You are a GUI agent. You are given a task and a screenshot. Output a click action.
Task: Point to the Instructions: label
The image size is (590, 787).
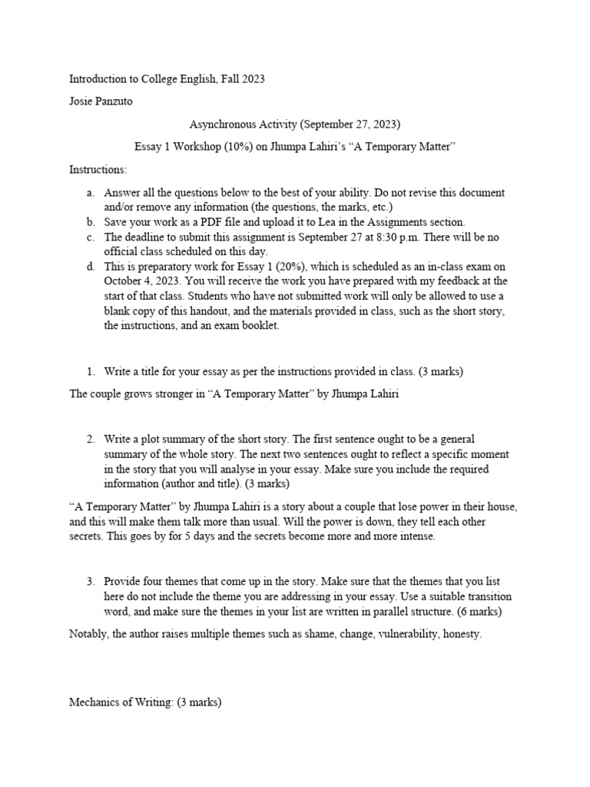coord(98,168)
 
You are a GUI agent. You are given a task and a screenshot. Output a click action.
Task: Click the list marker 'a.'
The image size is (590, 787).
coord(91,191)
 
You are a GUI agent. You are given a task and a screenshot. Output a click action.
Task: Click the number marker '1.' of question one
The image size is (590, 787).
coord(91,371)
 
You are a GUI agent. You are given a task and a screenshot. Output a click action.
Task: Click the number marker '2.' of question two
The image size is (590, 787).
coord(91,439)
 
